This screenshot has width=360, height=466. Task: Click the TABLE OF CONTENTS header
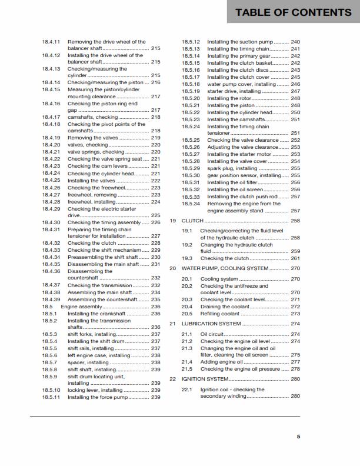click(x=293, y=12)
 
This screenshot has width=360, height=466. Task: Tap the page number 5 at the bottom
click(x=298, y=437)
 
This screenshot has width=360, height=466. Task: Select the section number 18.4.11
click(x=51, y=42)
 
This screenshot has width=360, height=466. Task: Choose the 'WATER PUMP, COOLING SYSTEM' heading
click(x=224, y=268)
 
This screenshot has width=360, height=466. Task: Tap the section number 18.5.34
click(x=191, y=204)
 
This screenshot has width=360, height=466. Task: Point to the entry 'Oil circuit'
click(x=212, y=334)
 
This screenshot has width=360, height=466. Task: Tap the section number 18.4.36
click(x=51, y=271)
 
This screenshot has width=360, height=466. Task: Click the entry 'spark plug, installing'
click(x=232, y=168)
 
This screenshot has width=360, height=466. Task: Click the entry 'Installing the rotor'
click(x=231, y=98)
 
